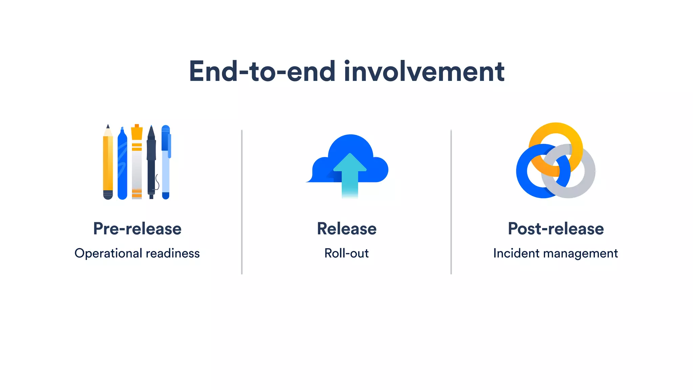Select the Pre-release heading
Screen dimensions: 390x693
pyautogui.click(x=137, y=229)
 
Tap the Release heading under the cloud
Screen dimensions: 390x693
pyautogui.click(x=346, y=229)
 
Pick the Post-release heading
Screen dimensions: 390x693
pyautogui.click(x=556, y=229)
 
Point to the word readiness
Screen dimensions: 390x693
pyautogui.click(x=173, y=253)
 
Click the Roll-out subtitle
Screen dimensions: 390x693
pyautogui.click(x=346, y=253)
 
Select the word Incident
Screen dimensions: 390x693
pyautogui.click(x=516, y=253)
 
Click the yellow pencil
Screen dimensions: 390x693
pyautogui.click(x=108, y=162)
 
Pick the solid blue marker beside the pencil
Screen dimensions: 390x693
pyautogui.click(x=122, y=164)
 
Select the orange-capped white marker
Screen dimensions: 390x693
pyautogui.click(x=137, y=162)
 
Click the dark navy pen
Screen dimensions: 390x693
pyautogui.click(x=151, y=162)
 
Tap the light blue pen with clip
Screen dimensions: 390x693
pyautogui.click(x=165, y=162)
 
